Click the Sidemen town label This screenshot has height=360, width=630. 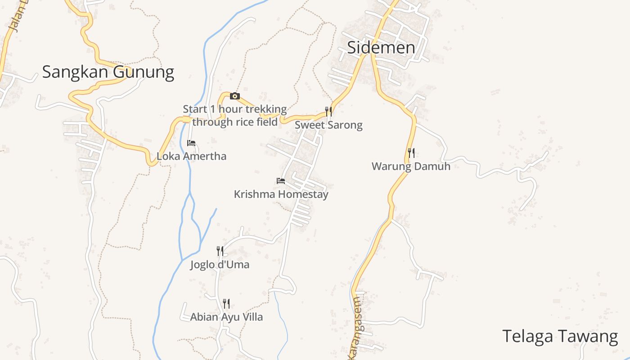[381, 48]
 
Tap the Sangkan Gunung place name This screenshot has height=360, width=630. [108, 72]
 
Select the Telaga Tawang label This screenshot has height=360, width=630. [560, 336]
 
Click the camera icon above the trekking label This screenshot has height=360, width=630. [234, 96]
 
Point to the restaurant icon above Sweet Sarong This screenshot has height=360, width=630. [329, 111]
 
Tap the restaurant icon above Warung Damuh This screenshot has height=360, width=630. [411, 153]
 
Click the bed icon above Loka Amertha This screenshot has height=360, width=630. [191, 143]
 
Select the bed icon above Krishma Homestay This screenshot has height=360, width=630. [281, 181]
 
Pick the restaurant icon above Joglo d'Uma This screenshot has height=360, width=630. [220, 251]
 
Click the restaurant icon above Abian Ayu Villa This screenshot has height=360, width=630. [226, 304]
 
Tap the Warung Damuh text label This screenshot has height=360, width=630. [411, 166]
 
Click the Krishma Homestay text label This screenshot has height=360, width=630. [281, 194]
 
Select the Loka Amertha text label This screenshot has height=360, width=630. [191, 157]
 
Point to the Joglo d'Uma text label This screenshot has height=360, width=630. [220, 265]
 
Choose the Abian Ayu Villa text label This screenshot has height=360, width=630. [226, 317]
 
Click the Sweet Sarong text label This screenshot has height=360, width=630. [328, 125]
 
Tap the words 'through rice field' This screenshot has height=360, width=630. [235, 122]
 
